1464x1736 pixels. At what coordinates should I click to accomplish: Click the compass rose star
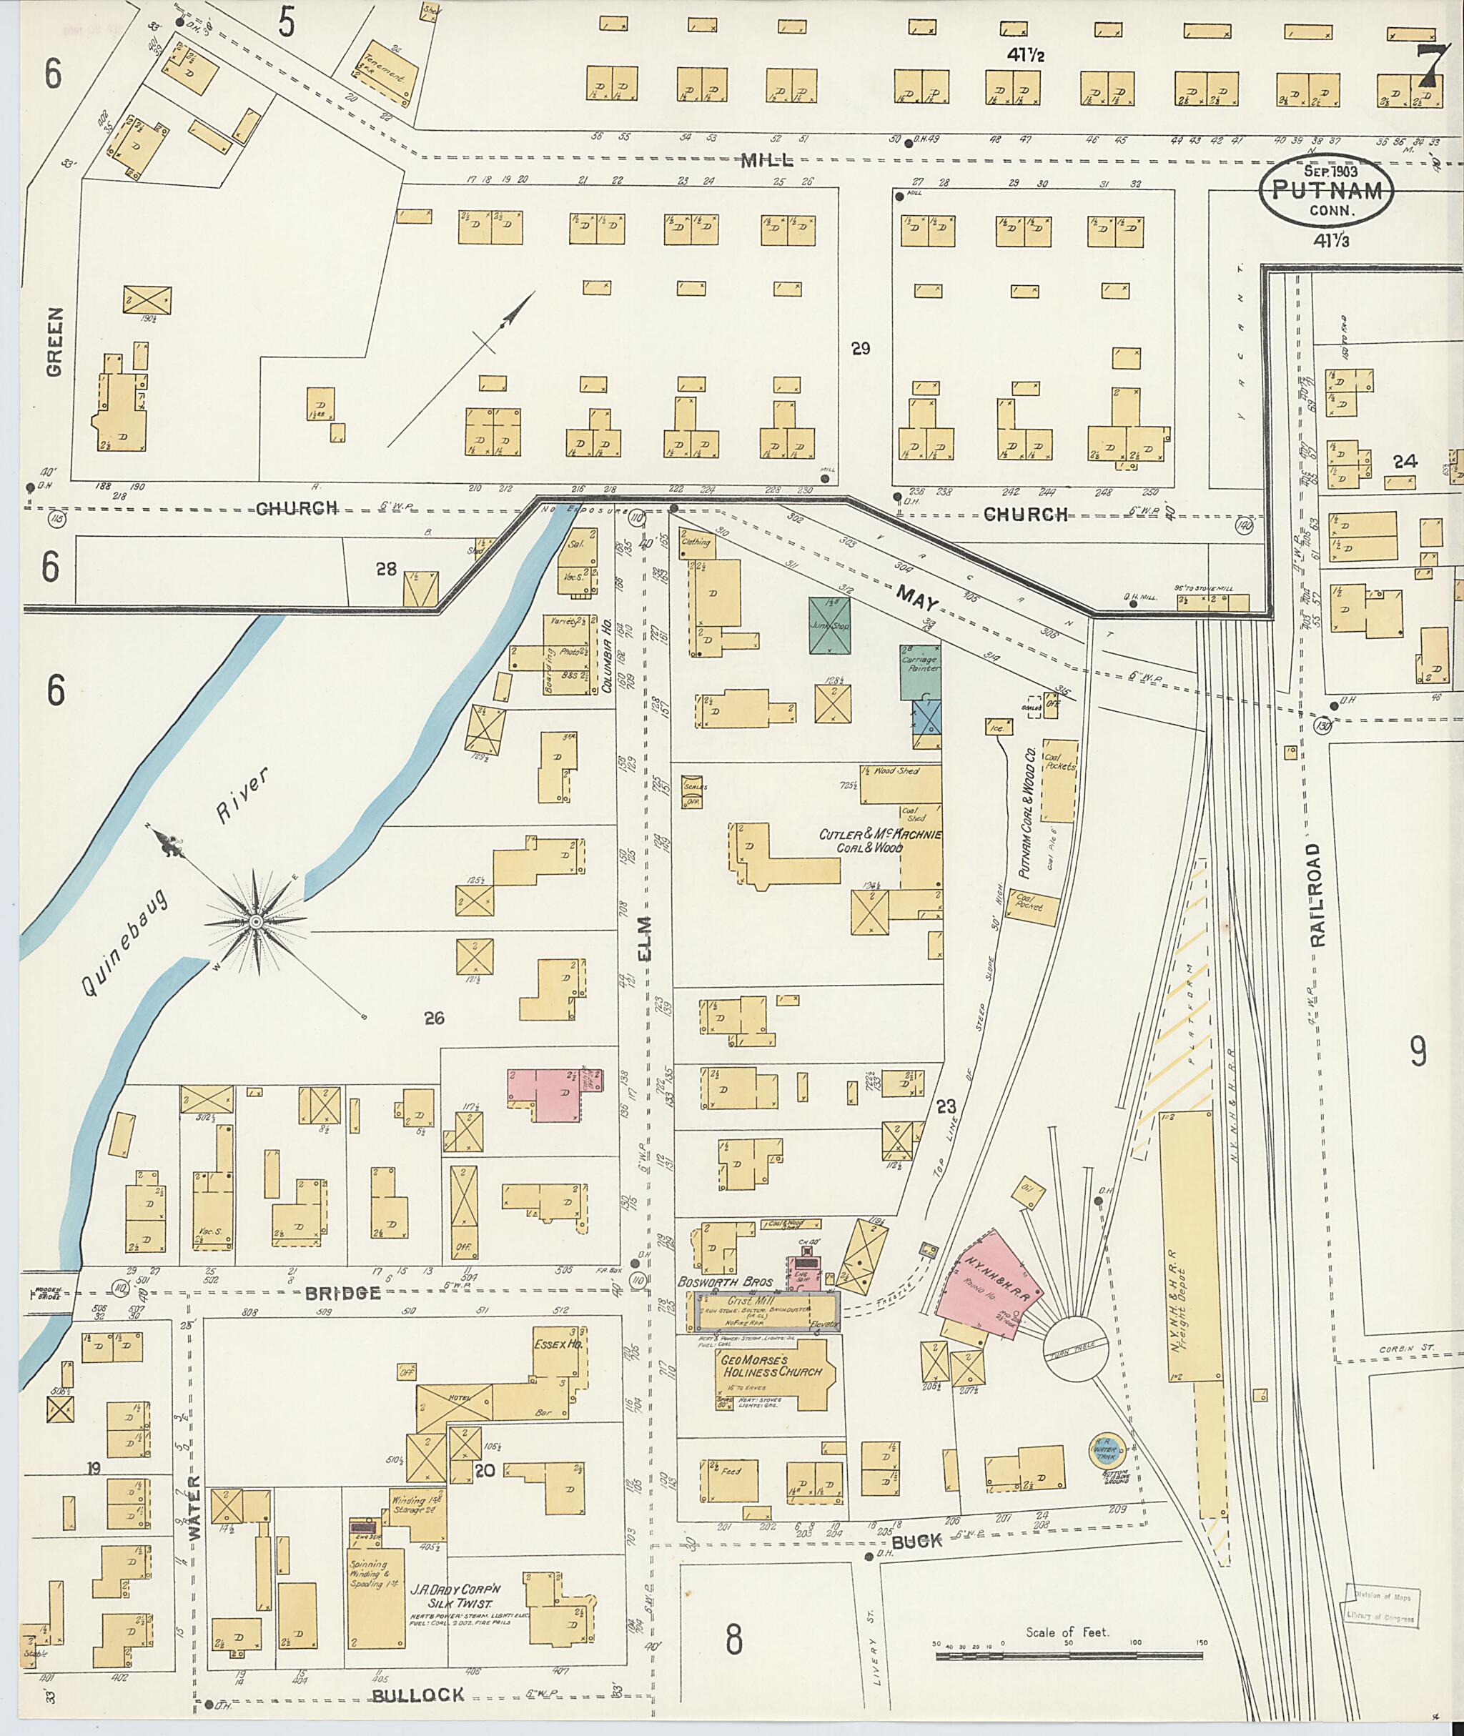point(257,922)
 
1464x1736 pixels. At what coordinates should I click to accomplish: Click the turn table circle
point(1076,1349)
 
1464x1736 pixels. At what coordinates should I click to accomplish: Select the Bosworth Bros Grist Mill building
point(768,1311)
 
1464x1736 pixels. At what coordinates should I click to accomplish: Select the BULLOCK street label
point(417,1695)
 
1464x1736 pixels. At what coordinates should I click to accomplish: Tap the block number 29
point(860,349)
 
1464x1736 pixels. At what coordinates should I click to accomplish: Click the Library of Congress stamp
point(1382,1606)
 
